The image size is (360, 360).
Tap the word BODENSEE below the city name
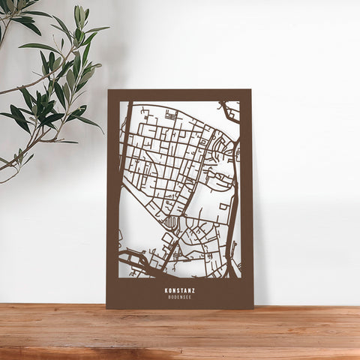(179, 297)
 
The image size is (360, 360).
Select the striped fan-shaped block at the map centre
(172, 222)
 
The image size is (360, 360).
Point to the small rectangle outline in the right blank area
(224, 205)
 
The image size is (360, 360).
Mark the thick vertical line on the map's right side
(232, 225)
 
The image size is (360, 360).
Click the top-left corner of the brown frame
(108, 91)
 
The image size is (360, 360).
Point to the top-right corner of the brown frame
(250, 91)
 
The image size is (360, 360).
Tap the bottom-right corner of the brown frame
(253, 307)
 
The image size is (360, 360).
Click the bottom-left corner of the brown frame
(107, 307)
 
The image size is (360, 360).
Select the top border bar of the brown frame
(179, 95)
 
